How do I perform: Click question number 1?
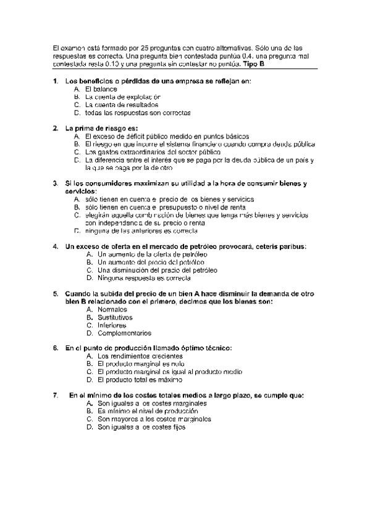pos(56,81)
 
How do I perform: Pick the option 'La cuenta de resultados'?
pos(122,105)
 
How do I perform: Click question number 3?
pos(56,184)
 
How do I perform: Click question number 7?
pos(56,395)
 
